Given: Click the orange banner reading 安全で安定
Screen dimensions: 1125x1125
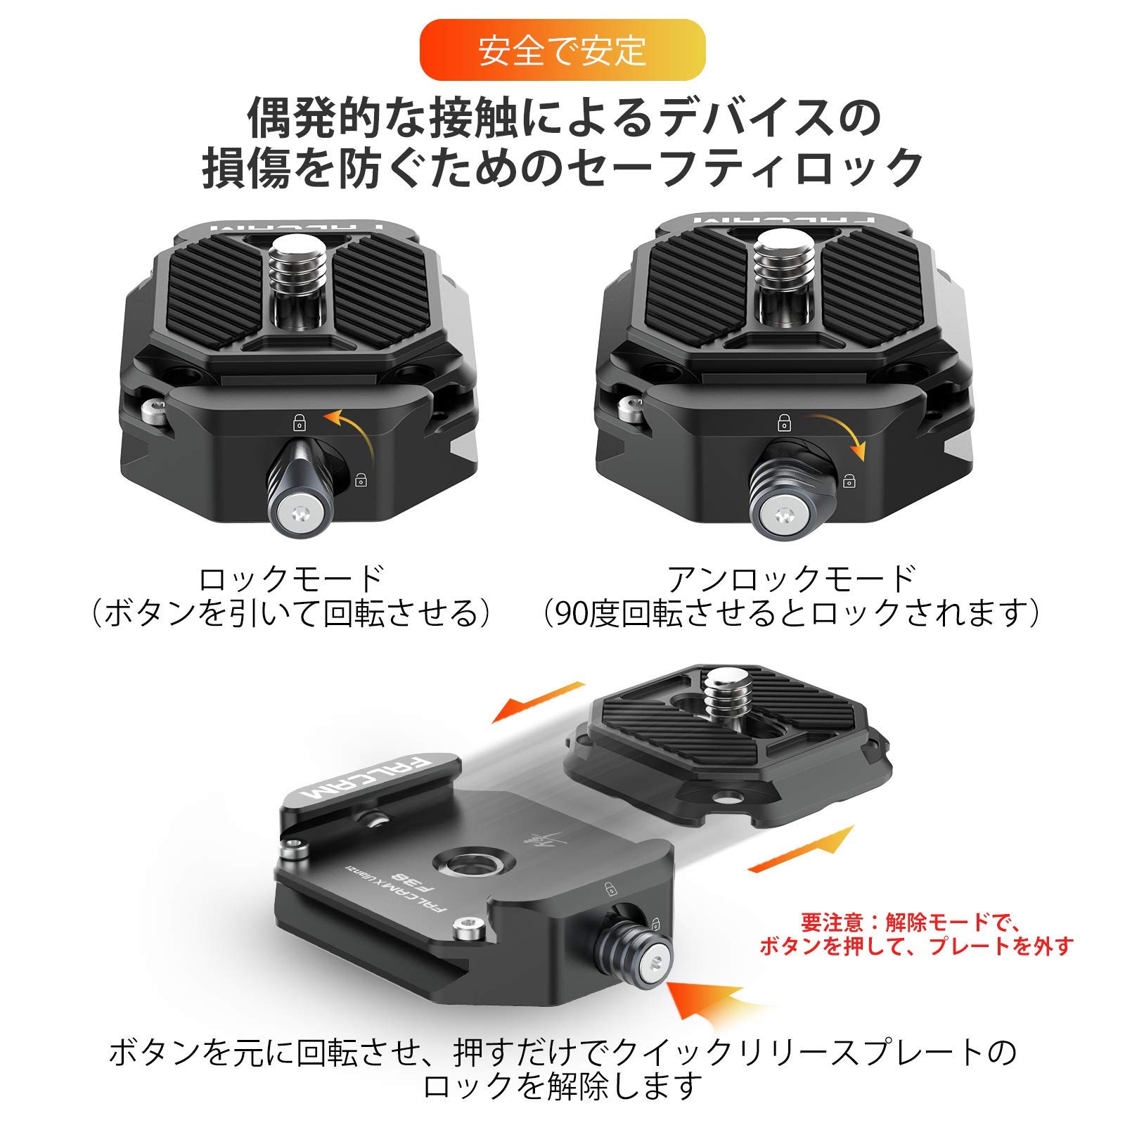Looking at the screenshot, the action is [x=562, y=50].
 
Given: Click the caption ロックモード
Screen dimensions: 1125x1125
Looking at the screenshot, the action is [x=291, y=579].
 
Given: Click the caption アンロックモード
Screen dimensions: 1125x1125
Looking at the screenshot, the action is [x=791, y=579].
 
